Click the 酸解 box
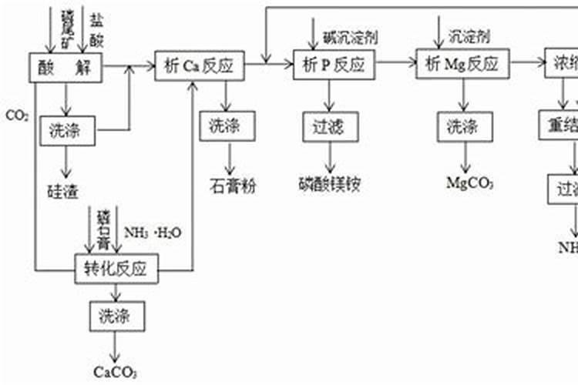tap(66, 66)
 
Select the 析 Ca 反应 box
tap(199, 66)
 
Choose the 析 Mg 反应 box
tap(462, 65)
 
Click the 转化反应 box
tap(116, 268)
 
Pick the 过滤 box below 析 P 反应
tap(330, 126)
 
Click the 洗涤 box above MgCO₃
tap(462, 127)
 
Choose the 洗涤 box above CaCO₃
tap(116, 316)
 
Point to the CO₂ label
tap(17, 116)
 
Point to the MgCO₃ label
tap(469, 183)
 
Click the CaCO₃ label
tap(116, 372)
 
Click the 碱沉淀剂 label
tap(351, 37)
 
